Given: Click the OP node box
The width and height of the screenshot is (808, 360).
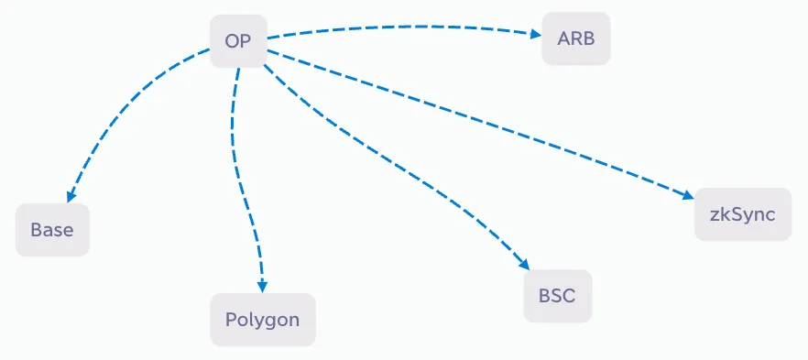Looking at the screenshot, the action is tap(238, 40).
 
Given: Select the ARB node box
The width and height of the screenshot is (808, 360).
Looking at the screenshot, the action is tap(576, 38).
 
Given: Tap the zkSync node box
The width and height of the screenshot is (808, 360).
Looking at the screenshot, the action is tap(743, 214).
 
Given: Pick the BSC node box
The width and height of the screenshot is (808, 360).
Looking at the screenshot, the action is tap(558, 296).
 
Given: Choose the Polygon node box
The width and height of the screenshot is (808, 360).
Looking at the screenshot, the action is tap(263, 320).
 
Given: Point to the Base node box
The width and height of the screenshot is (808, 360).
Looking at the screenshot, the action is tap(52, 230).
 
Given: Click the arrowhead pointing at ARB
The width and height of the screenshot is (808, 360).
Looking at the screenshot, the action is tap(536, 34).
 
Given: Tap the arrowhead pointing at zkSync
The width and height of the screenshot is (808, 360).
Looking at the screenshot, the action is tap(689, 195).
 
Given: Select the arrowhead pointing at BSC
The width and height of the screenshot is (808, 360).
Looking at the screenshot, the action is tap(524, 264).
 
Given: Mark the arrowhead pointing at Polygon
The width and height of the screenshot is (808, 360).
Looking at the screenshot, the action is tap(262, 287).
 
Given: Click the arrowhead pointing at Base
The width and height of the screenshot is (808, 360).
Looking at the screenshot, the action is tap(70, 196).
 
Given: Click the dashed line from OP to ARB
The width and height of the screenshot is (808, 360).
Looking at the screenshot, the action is tap(402, 27).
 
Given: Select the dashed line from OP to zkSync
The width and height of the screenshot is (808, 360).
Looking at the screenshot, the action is tap(479, 121).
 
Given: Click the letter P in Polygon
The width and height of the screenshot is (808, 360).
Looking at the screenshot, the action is tap(230, 320).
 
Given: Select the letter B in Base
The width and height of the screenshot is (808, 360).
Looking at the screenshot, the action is tap(36, 230).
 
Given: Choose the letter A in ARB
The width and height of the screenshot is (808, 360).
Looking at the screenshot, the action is tap(562, 38).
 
